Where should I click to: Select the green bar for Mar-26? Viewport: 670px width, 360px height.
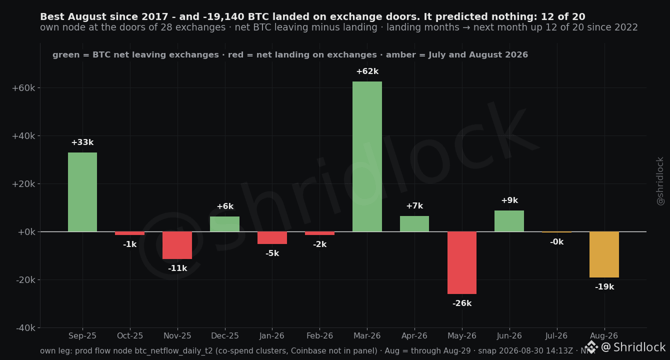point(367,156)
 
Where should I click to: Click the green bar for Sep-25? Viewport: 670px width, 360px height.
point(82,192)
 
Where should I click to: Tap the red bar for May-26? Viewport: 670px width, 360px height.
point(462,263)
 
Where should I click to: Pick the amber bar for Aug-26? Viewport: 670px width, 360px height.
point(604,254)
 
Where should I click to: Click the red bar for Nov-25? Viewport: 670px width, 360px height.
point(177,245)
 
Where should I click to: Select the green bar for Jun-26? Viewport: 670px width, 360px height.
point(509,221)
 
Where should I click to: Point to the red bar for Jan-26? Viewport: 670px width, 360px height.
point(272,237)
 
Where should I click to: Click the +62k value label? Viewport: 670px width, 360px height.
point(367,71)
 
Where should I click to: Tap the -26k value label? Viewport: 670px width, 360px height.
point(462,303)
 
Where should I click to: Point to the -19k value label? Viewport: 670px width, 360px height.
point(604,287)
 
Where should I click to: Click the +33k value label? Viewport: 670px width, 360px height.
point(82,142)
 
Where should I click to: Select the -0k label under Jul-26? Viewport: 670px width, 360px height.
point(556,242)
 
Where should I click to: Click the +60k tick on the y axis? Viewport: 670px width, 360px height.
point(23,88)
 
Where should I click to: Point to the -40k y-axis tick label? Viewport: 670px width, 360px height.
point(25,328)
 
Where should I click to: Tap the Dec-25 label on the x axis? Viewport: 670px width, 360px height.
point(225,336)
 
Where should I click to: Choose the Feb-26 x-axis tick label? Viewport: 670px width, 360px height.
point(319,336)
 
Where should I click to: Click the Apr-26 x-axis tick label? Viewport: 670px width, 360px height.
point(414,336)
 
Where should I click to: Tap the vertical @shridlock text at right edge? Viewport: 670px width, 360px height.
point(660,181)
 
